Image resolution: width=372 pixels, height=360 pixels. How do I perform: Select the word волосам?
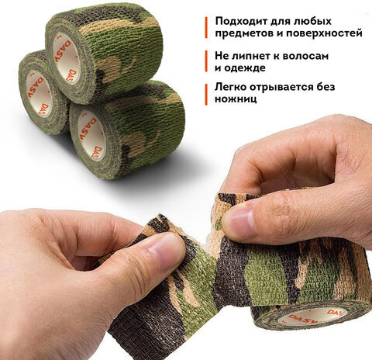[x=305, y=56]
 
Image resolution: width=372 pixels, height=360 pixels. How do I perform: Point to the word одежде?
[x=245, y=68]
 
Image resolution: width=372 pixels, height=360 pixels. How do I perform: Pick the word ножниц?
[x=236, y=99]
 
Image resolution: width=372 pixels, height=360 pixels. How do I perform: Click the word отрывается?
[x=282, y=88]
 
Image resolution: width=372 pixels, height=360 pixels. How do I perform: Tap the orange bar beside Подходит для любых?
[x=206, y=27]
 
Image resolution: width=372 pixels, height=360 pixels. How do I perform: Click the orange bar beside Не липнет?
[x=206, y=61]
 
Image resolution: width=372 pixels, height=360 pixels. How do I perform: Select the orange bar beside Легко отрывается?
[x=206, y=95]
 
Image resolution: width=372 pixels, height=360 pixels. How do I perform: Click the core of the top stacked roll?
[x=66, y=59]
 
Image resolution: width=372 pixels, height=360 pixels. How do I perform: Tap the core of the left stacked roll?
[x=39, y=94]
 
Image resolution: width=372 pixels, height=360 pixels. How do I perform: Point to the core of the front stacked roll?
[x=91, y=135]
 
